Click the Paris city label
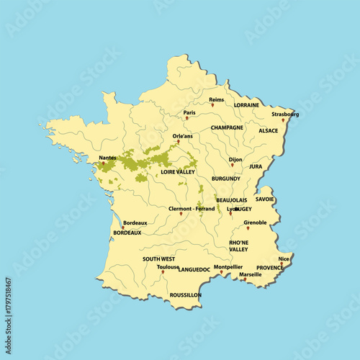[189, 112]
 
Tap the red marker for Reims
[213, 106]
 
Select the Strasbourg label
[285, 114]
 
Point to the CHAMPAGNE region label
[227, 127]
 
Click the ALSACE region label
[269, 131]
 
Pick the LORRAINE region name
[247, 104]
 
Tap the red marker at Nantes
[103, 163]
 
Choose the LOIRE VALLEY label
[178, 172]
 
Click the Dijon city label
[235, 159]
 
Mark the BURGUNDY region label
[226, 178]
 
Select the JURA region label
[256, 166]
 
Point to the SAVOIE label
[264, 199]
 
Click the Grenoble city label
[255, 222]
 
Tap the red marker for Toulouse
[163, 272]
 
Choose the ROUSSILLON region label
[186, 295]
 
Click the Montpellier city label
[228, 266]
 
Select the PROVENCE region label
[270, 268]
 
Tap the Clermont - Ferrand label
[192, 209]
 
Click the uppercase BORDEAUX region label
[127, 233]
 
